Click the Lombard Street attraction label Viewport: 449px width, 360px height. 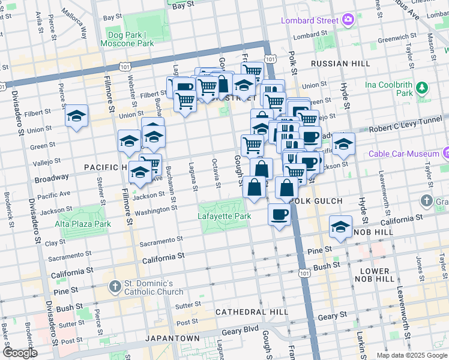point(310,20)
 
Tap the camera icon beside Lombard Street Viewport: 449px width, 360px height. point(348,20)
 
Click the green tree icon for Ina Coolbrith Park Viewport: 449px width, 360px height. point(423,88)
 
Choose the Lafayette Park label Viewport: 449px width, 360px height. point(224,216)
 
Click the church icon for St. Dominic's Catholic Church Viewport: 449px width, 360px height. point(115,287)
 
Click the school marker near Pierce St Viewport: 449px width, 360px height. point(77,115)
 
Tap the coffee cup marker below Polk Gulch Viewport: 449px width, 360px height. point(279,214)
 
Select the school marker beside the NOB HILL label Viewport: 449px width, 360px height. point(340,227)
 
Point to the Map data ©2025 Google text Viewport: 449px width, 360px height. point(411,355)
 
